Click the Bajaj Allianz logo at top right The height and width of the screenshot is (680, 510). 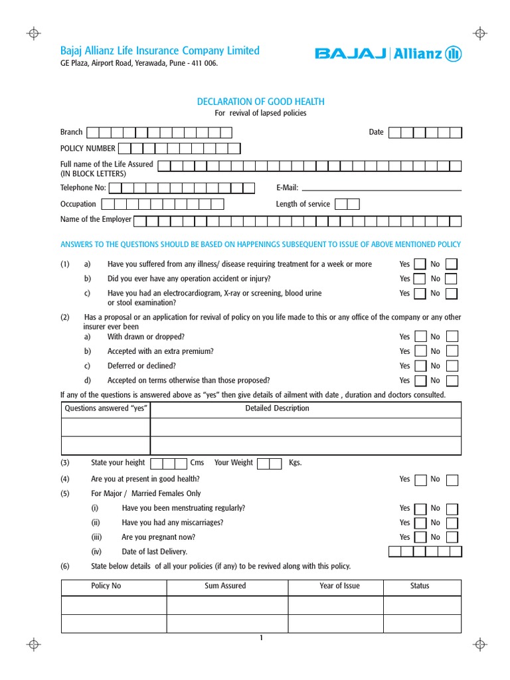(x=388, y=54)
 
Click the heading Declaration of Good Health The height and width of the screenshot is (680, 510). (x=261, y=102)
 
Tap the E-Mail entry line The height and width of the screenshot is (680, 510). (x=381, y=189)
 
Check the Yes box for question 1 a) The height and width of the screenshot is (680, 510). (x=420, y=264)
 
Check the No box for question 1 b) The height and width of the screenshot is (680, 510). (x=451, y=279)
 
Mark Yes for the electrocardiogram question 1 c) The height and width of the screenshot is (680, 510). (x=420, y=294)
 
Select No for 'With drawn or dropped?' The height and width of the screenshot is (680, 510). (x=452, y=337)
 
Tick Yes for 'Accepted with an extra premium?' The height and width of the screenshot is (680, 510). (x=420, y=351)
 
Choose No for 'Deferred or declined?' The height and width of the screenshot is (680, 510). (x=452, y=366)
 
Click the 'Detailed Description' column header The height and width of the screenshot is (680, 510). (x=277, y=408)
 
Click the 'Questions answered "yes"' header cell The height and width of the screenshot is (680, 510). (x=106, y=408)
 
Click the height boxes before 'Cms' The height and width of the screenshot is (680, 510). (x=169, y=463)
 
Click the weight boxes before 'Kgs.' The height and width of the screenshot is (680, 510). (x=269, y=463)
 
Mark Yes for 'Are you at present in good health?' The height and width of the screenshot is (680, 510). (x=420, y=479)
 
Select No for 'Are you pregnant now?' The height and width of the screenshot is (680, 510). (x=452, y=537)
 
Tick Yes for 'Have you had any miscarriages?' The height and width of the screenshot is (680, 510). (x=420, y=523)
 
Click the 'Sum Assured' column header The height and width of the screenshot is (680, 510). (x=225, y=586)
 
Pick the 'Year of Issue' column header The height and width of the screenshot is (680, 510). (x=339, y=586)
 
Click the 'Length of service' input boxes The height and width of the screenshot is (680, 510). (x=347, y=204)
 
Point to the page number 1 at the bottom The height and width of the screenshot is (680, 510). (x=261, y=639)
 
